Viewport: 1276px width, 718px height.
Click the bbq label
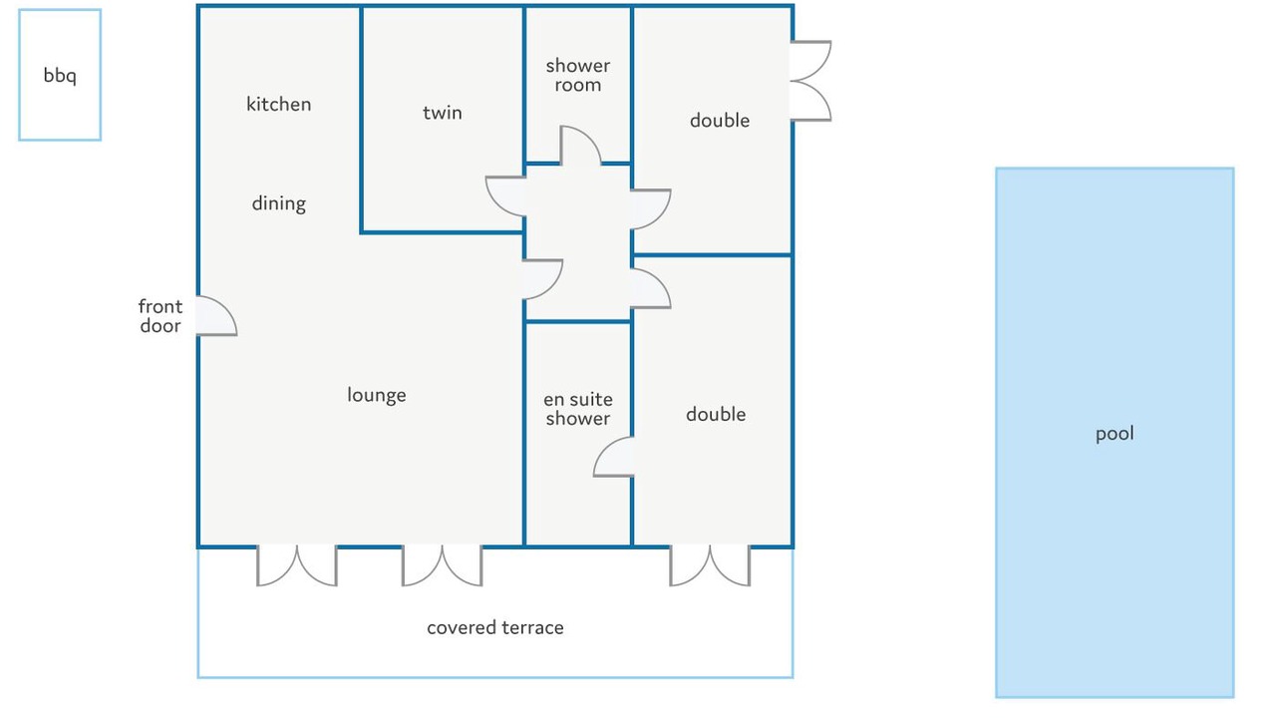60,76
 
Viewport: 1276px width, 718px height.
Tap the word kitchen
278,105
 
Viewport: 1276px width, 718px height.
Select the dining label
278,203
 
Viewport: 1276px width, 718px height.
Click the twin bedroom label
442,113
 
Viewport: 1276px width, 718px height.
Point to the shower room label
577,76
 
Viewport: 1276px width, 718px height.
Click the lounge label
376,395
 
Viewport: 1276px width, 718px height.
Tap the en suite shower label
577,409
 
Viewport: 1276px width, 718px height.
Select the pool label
1115,434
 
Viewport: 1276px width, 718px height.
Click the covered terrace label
494,627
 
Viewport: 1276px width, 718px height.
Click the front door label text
160,316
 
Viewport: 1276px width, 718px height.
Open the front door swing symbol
215,317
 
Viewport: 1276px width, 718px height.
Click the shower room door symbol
579,146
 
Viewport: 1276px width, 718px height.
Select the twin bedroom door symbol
506,195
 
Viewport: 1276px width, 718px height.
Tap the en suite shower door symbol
614,458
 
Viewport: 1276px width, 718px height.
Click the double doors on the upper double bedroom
810,81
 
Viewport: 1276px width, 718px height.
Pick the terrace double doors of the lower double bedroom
709,564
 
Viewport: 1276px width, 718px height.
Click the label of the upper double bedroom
719,121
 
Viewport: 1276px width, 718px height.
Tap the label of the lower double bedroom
715,414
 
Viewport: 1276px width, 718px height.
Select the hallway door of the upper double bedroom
650,207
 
